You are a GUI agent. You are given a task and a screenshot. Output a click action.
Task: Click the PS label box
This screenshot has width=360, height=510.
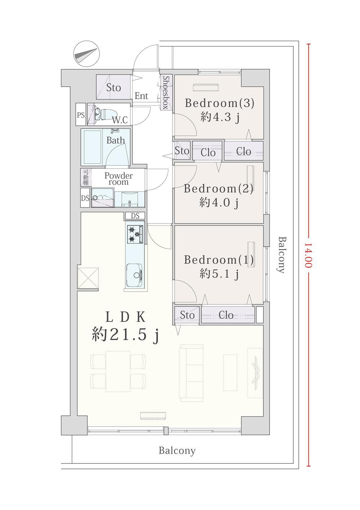81,115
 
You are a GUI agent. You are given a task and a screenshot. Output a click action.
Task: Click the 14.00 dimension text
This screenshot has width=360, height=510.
309,255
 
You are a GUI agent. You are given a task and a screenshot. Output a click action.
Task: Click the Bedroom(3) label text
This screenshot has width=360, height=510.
219,104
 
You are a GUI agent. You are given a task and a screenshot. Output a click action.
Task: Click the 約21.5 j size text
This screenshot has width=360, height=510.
125,335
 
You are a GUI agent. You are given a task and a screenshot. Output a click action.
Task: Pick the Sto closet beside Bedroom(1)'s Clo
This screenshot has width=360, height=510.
187,315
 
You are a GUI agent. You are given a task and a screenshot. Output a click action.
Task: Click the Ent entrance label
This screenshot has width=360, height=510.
141,96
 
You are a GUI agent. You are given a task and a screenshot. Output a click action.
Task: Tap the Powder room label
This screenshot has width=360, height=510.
119,179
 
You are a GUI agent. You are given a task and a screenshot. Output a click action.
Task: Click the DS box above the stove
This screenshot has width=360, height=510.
135,216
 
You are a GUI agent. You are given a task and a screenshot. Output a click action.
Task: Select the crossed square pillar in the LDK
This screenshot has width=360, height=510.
89,278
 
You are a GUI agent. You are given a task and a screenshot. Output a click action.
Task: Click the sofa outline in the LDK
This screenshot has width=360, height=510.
191,373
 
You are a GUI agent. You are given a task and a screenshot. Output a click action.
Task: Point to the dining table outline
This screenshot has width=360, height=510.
118,371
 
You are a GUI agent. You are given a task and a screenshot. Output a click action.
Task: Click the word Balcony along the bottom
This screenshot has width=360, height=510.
177,450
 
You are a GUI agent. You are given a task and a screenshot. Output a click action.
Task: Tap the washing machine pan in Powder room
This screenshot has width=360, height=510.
103,198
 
